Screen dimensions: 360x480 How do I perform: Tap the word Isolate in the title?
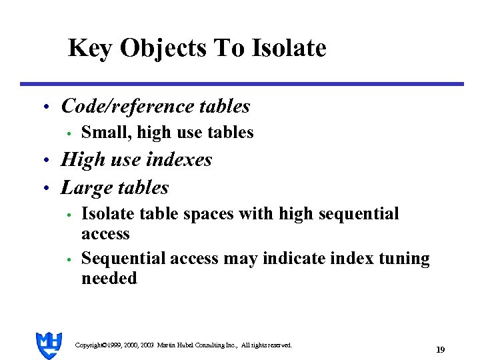tap(289, 48)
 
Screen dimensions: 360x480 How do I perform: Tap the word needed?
tap(109, 278)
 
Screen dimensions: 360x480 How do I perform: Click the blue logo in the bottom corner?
tap(49, 345)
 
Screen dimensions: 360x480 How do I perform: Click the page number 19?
tap(440, 349)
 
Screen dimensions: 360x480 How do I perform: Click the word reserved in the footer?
tap(277, 345)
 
